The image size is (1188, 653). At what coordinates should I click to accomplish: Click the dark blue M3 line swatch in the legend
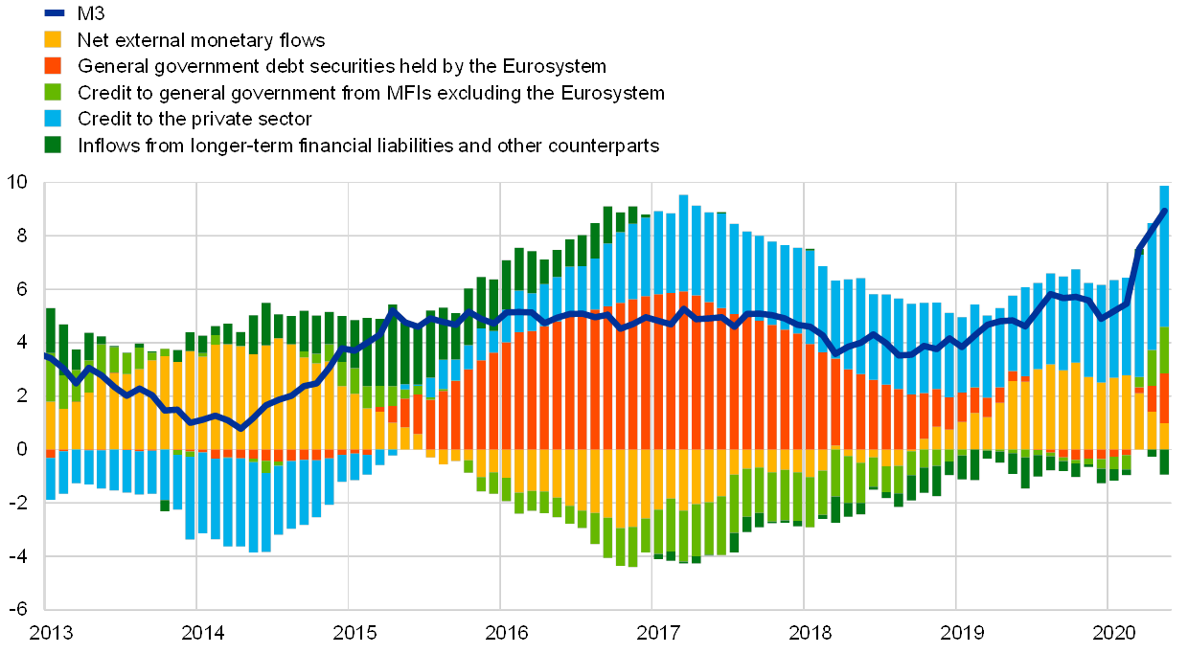(54, 12)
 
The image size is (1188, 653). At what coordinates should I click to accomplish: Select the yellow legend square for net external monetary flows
(54, 39)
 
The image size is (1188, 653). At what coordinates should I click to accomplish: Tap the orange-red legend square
(54, 66)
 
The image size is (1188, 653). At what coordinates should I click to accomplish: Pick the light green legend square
(54, 93)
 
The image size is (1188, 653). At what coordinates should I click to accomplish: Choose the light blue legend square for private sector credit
(54, 119)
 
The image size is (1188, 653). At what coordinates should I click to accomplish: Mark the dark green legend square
(54, 146)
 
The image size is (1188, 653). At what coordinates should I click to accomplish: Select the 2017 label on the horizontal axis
(656, 633)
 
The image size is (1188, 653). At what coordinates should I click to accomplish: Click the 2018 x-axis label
(809, 633)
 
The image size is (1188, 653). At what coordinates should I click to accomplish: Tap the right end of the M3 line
(1164, 211)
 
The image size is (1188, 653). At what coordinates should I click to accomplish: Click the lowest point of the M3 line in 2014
(240, 428)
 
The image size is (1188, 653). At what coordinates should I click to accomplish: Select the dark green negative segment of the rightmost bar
(1164, 462)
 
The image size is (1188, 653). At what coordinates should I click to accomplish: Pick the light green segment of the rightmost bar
(1164, 349)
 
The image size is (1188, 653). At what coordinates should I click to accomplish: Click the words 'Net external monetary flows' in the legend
(202, 39)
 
